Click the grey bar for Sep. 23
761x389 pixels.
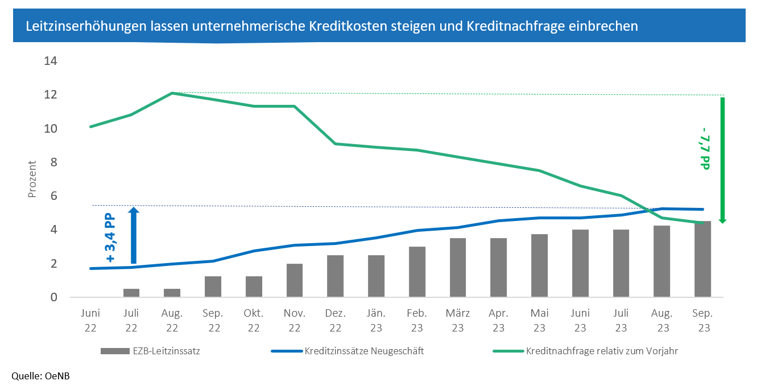702,259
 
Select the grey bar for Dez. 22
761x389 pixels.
335,276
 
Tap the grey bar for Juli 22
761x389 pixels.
131,293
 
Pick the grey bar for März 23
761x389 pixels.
458,268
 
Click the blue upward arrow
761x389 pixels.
133,235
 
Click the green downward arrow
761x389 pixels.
722,160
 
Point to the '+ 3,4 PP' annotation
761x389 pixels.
111,238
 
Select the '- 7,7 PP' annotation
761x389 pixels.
706,151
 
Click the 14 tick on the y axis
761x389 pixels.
51,61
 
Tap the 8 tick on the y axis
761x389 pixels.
53,162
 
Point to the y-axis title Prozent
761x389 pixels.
32,179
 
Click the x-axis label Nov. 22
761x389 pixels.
295,321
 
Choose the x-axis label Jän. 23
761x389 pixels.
376,321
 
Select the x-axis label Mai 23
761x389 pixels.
539,321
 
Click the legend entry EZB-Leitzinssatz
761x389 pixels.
150,351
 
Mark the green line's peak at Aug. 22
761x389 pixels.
172,93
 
